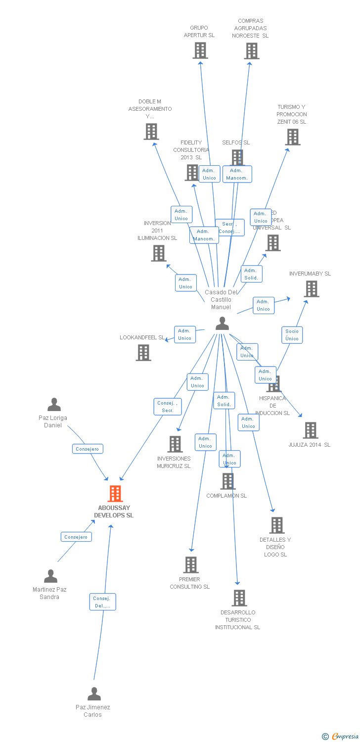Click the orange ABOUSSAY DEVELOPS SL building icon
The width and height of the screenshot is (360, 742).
point(115,494)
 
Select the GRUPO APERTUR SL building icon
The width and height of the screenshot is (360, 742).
point(200,50)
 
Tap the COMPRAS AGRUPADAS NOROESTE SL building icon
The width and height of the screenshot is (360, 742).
point(252,50)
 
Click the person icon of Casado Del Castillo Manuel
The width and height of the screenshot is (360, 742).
point(223,324)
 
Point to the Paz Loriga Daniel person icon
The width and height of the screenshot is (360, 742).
point(54,405)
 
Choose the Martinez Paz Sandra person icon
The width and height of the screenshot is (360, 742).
point(50,576)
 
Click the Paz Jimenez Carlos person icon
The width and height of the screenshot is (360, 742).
point(94,694)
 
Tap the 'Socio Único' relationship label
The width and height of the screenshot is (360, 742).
point(292,335)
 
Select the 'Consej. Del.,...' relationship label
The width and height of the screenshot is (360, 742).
point(103,602)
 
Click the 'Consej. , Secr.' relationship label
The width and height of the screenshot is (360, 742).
point(168,407)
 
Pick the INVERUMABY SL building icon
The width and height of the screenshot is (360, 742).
point(312,289)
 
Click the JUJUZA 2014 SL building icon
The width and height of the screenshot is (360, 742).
point(311,430)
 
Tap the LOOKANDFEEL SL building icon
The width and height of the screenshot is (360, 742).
point(143,353)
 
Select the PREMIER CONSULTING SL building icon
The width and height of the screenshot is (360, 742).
point(191,565)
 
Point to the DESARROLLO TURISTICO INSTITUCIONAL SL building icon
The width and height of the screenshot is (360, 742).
point(239,598)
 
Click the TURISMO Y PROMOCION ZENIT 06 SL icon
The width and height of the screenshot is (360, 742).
point(293,137)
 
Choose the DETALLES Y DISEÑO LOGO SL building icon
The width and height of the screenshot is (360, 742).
point(277,525)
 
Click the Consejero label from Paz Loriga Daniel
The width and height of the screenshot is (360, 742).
point(88,449)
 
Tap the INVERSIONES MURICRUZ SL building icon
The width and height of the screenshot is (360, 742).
point(175,444)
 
